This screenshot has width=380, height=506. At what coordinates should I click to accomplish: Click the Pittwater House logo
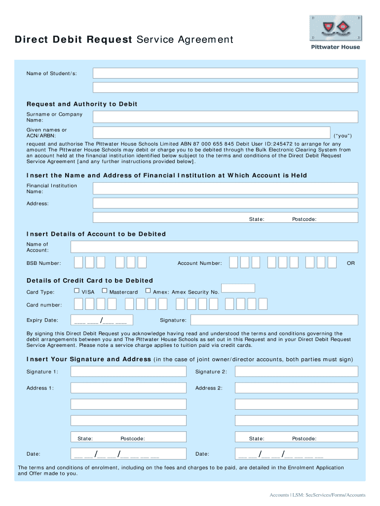pos(335,32)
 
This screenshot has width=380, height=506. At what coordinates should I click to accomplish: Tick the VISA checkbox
pos(76,291)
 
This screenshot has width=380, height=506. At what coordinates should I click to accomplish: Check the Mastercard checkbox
pos(104,291)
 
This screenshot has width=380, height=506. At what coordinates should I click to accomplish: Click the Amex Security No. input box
pos(238,288)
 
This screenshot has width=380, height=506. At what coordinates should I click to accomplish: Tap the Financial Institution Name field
pos(225,188)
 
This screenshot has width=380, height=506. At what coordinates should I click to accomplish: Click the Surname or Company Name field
pos(225,117)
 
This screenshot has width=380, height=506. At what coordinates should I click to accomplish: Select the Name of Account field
pos(214,247)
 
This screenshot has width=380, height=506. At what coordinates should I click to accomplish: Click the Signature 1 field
pos(128,372)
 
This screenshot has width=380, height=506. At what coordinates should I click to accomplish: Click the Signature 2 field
pos(296,372)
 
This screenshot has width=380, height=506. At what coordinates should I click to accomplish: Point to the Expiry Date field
pos(102,320)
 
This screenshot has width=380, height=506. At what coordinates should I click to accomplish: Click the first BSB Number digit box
pos(78,262)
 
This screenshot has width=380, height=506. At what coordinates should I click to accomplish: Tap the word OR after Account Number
pos(350,263)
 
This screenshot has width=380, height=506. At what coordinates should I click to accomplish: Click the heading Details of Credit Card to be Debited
pos(90,280)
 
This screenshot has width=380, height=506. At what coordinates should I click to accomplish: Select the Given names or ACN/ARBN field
pos(211,133)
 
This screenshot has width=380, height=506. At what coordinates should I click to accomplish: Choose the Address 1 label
pos(40,388)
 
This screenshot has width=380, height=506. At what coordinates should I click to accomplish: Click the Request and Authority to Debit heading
pos(82,104)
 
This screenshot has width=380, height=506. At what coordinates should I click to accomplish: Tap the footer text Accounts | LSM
pos(317,495)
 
